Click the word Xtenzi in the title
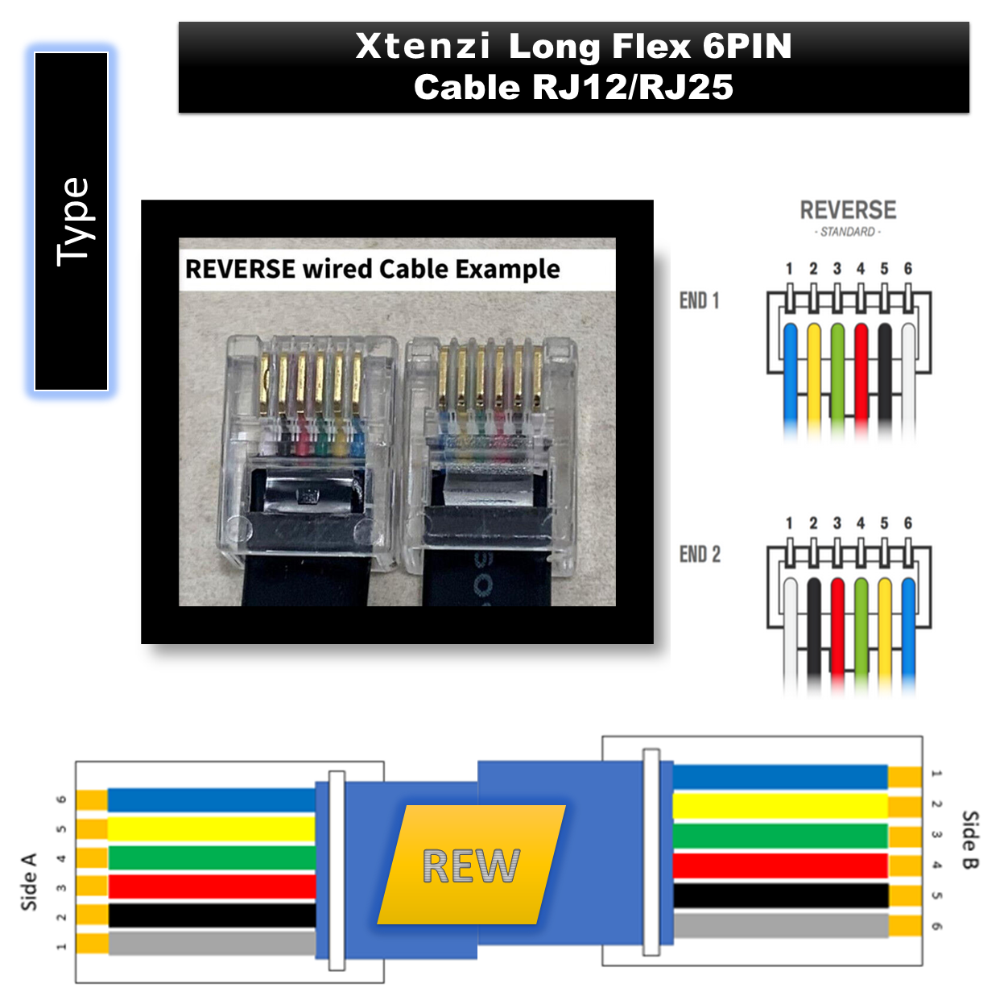pos(422,47)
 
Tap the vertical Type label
pos(74,222)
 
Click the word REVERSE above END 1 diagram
pos(849,210)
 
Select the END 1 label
pos(699,300)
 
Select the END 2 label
pos(700,555)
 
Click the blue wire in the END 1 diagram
pos(791,380)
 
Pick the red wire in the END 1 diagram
pos(861,380)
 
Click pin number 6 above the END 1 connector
pos(908,269)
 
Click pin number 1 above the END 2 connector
pos(789,523)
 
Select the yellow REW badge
pos(472,866)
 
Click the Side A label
pos(30,882)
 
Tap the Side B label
pos(971,841)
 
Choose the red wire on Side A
pos(212,886)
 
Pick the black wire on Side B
pos(780,896)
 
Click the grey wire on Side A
pos(212,944)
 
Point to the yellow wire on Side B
pos(780,806)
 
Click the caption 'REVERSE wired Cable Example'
pos(373,270)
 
